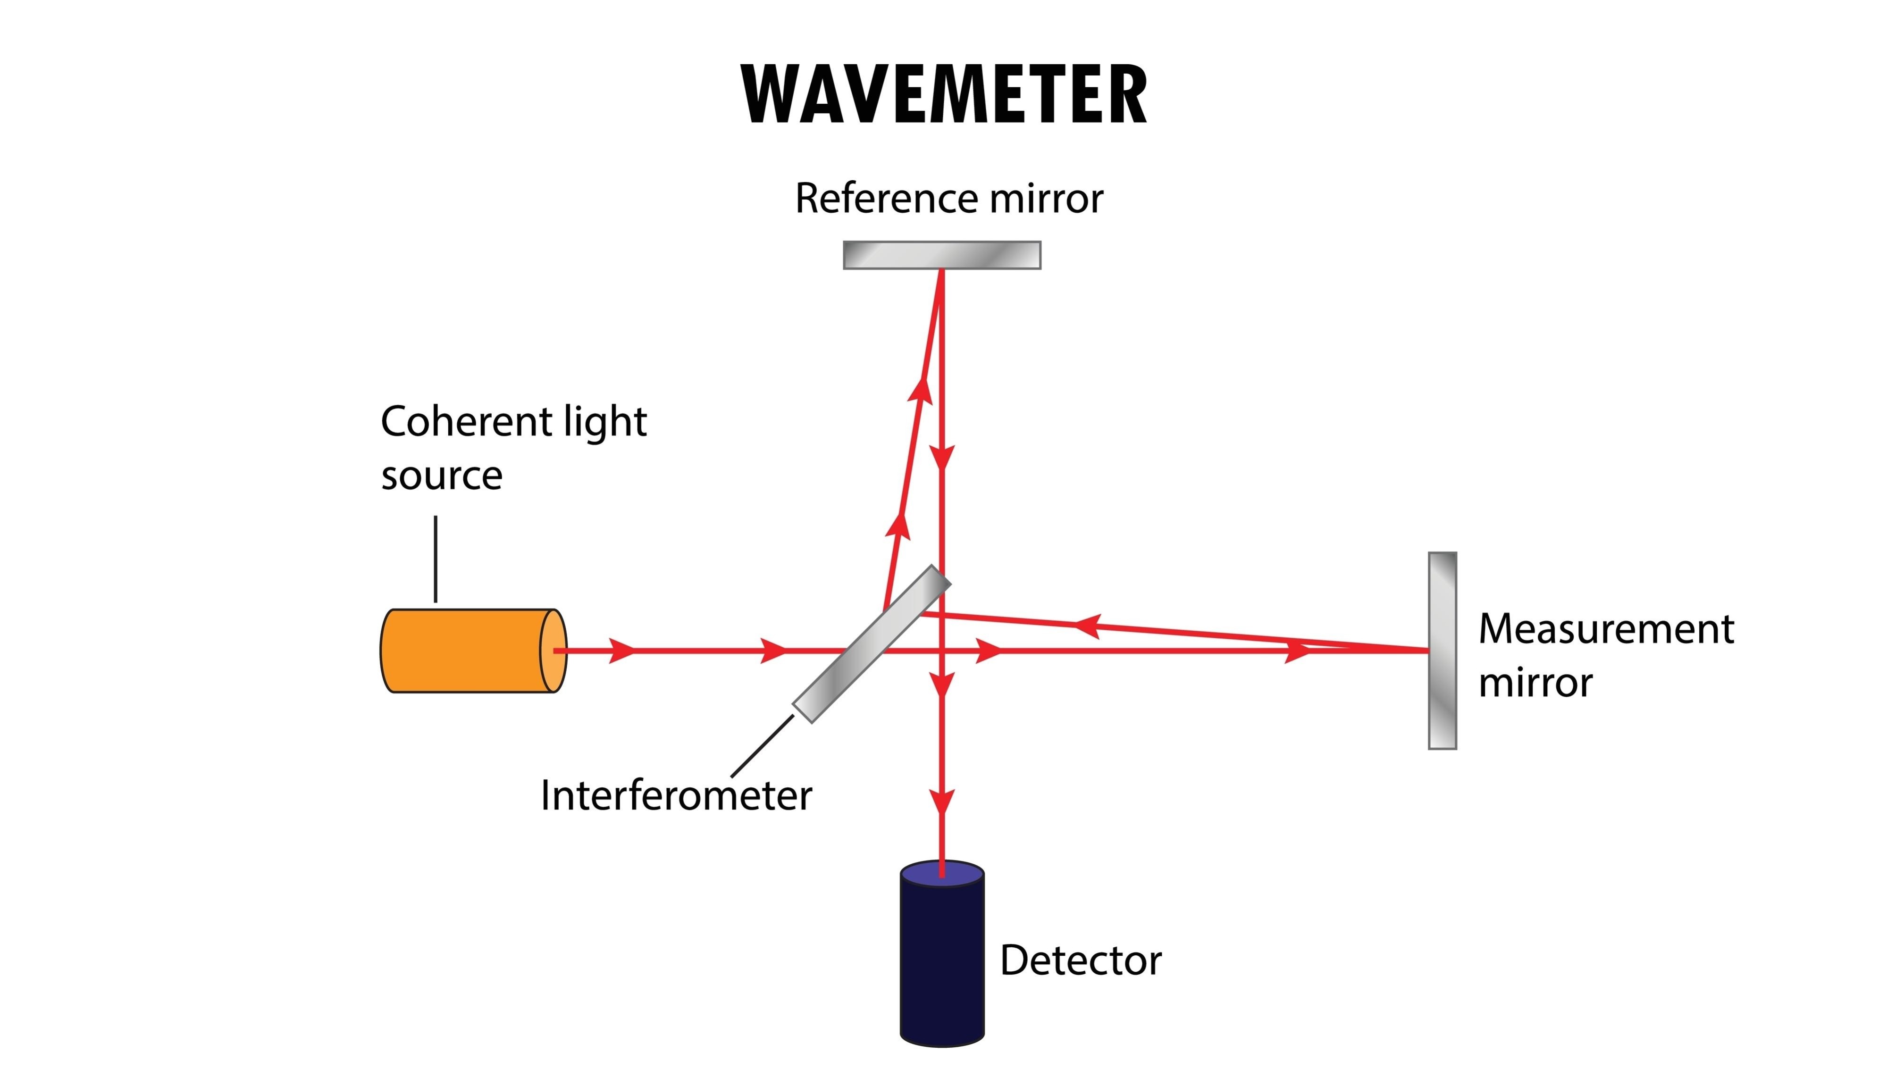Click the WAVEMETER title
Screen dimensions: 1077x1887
tap(943, 95)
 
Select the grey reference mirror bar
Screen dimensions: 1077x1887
tap(942, 255)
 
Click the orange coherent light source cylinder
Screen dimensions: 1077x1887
tap(466, 651)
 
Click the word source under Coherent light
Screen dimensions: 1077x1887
tap(442, 476)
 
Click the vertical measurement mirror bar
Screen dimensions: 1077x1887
tap(1442, 651)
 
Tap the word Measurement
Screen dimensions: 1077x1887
tap(1606, 629)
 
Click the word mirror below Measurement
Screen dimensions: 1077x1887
tap(1535, 683)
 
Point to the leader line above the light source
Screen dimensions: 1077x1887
tap(436, 559)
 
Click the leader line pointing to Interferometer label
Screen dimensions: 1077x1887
tap(762, 746)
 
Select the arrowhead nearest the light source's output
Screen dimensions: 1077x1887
tap(622, 651)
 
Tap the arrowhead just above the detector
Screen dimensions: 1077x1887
tap(942, 802)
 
